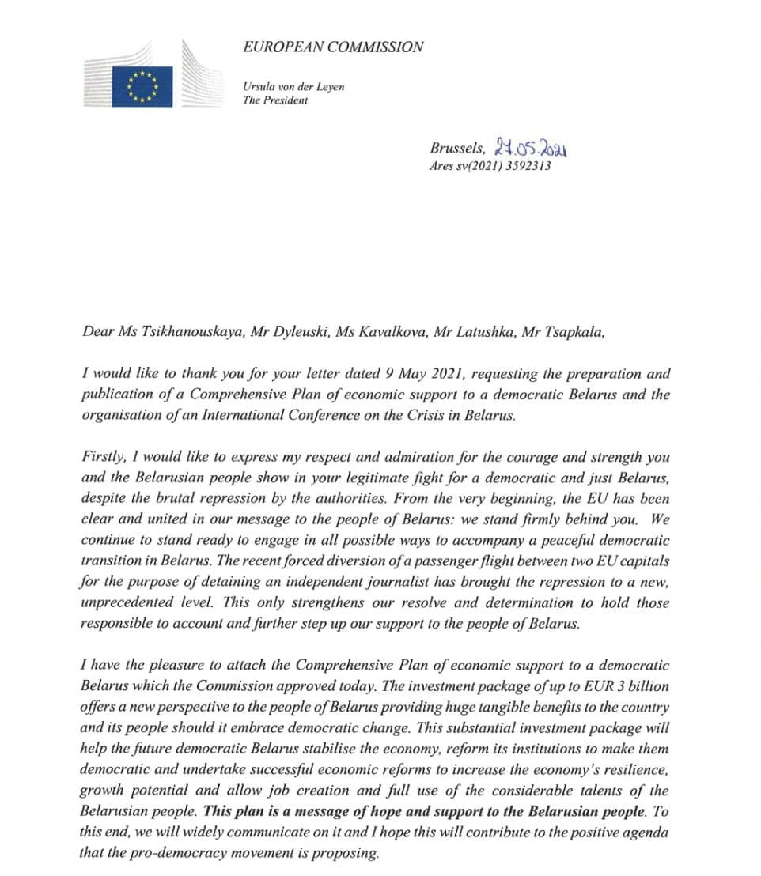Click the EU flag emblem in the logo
(x=142, y=85)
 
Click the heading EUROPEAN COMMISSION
(x=333, y=47)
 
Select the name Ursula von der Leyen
(x=293, y=86)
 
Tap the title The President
(x=275, y=100)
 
